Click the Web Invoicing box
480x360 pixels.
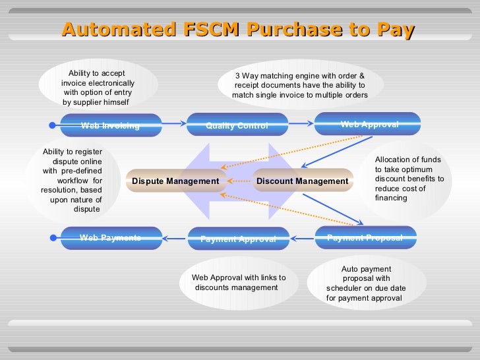pyautogui.click(x=111, y=125)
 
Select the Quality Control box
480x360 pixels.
pyautogui.click(x=237, y=125)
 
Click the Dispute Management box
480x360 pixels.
pyautogui.click(x=175, y=181)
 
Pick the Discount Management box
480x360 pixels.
pyautogui.click(x=302, y=181)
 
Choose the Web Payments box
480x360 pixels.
pyautogui.click(x=111, y=238)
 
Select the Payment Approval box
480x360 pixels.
pyautogui.click(x=238, y=239)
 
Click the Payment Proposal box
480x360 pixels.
pyautogui.click(x=365, y=237)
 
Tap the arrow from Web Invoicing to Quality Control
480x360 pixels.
pyautogui.click(x=175, y=124)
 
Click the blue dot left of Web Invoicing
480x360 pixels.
pyautogui.click(x=53, y=125)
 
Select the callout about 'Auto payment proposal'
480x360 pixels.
pyautogui.click(x=366, y=283)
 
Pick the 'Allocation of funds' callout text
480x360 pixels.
pyautogui.click(x=409, y=179)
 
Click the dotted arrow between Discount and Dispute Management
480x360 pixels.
pyautogui.click(x=238, y=181)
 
